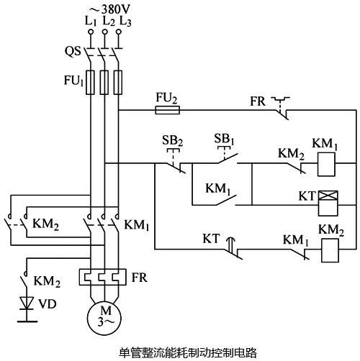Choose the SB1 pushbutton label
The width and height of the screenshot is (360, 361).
coord(225,137)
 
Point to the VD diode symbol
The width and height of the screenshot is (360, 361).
coord(27,299)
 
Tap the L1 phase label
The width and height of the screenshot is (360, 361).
coord(90,22)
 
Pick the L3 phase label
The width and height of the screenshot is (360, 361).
coord(127,22)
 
